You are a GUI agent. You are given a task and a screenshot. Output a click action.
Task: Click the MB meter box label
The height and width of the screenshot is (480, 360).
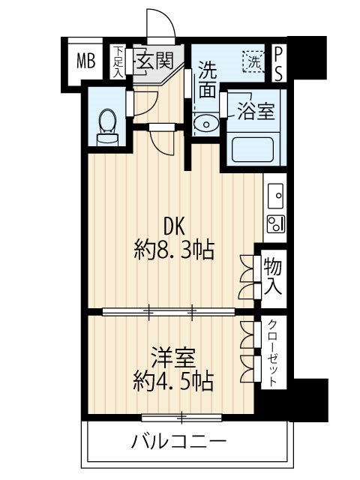[85, 61]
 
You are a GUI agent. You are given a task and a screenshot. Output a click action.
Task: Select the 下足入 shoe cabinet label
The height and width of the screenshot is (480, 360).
[118, 61]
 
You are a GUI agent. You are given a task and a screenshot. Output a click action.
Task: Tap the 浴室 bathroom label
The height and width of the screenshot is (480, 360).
[256, 111]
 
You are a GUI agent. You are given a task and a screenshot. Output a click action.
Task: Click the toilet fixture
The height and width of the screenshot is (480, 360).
[108, 124]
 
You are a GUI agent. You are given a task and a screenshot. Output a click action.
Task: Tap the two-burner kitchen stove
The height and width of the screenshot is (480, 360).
[274, 222]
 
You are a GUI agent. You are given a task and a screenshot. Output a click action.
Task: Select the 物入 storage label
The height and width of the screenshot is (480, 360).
[273, 276]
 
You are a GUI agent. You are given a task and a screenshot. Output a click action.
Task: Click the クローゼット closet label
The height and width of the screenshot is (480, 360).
[273, 352]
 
